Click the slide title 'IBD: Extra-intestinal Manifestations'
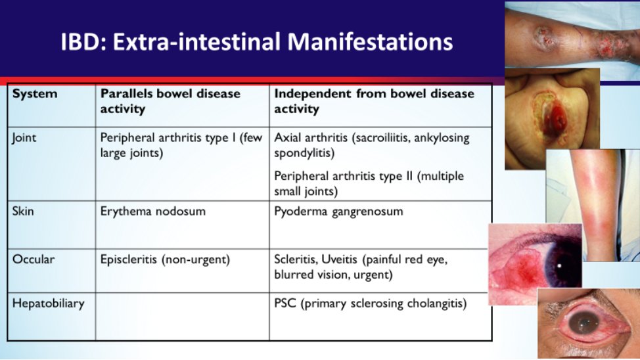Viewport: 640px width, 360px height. [257, 41]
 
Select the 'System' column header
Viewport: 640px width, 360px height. [35, 93]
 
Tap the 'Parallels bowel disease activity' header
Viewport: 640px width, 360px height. [170, 101]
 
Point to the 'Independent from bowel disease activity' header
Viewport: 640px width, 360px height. [375, 101]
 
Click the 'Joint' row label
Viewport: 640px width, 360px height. [24, 138]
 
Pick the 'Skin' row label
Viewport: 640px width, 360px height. [23, 211]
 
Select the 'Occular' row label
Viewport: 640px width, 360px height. [34, 259]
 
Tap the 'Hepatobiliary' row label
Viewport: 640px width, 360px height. [48, 304]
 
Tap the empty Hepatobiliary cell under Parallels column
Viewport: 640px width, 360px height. [183, 317]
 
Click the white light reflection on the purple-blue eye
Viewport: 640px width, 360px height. [560, 266]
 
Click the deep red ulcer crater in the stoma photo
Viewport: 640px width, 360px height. [555, 118]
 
